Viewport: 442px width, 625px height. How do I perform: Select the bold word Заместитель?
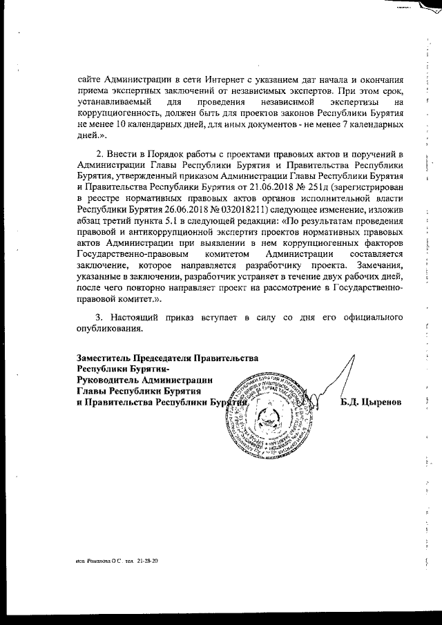coord(104,357)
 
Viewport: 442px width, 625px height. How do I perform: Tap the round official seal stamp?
coord(265,416)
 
